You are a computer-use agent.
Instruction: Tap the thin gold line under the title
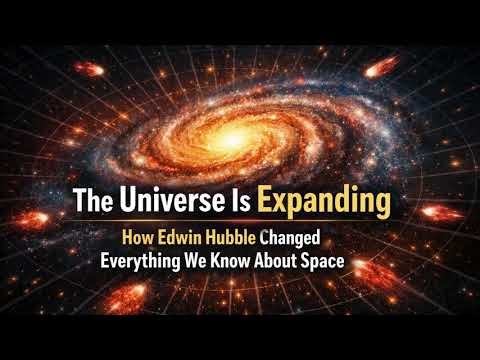coord(240,222)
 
